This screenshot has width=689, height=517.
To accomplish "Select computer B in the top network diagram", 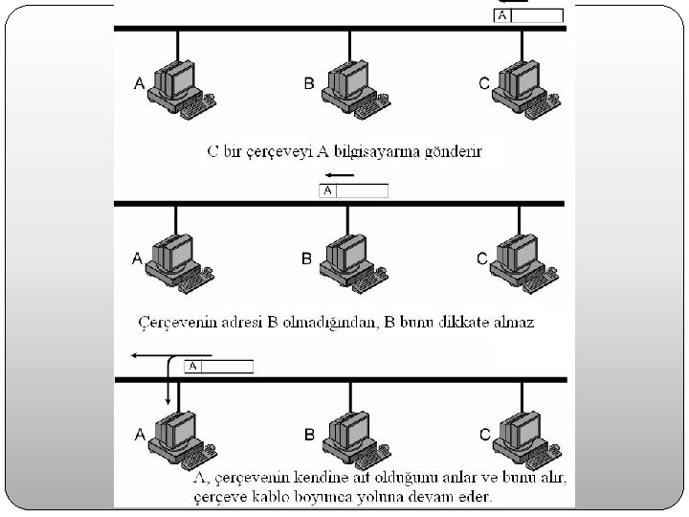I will coord(350,84).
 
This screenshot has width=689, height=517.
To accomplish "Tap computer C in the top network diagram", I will coord(522,84).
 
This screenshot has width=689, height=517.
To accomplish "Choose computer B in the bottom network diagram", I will coord(350,436).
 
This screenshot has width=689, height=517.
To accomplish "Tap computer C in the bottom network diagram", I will coord(522,436).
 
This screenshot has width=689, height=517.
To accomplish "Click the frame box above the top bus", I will coord(529,15).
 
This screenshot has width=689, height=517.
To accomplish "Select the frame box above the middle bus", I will coord(354,191).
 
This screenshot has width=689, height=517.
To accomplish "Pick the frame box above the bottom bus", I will coord(219,366).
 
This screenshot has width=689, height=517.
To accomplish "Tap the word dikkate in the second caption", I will coord(472,323).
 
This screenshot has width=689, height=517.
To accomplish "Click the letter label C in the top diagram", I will coord(484,84).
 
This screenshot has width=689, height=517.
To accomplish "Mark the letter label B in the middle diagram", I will coord(307,258).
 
